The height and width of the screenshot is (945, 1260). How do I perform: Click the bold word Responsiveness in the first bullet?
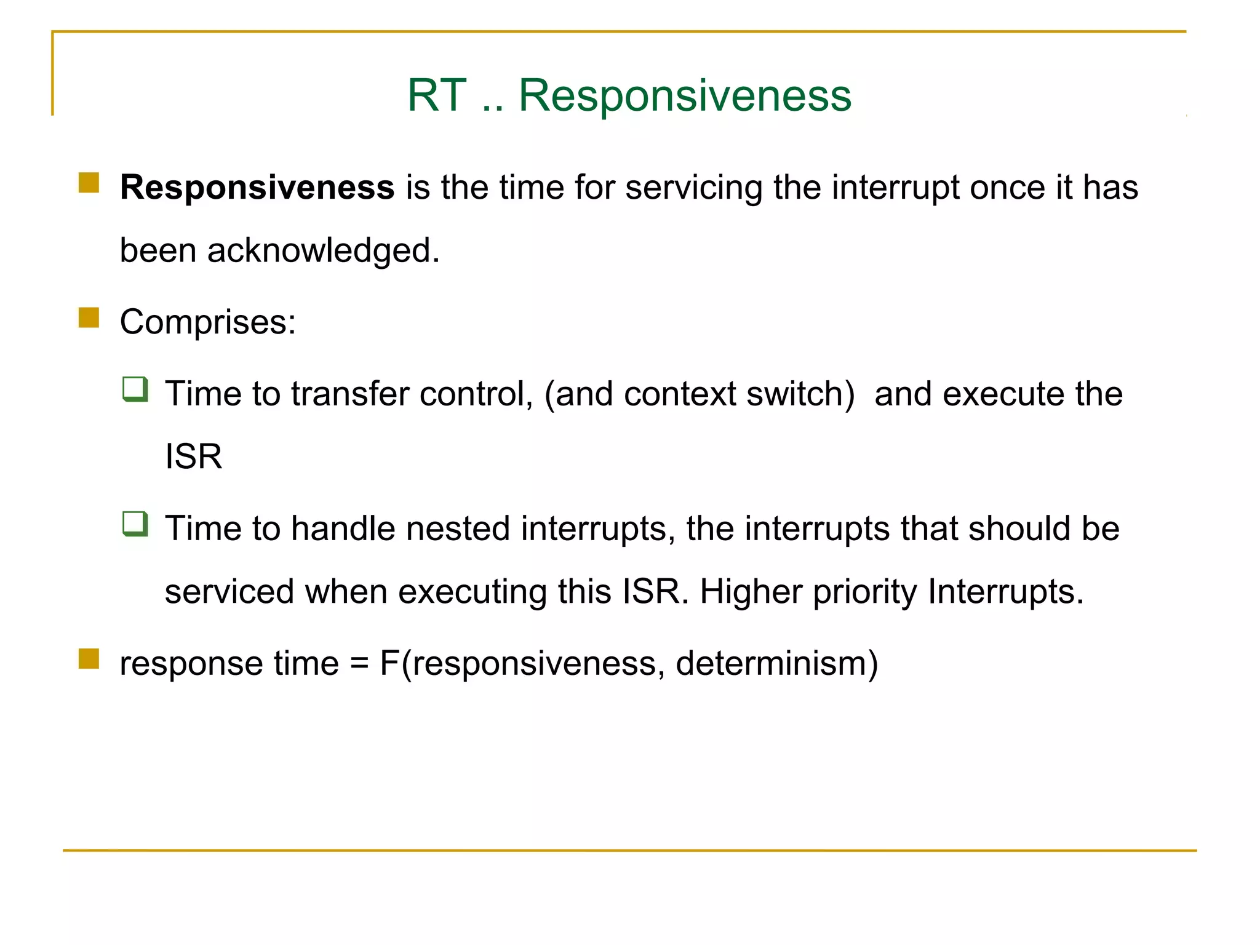(257, 187)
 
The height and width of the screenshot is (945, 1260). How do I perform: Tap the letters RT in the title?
(436, 96)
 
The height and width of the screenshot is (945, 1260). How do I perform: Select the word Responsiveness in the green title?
(685, 96)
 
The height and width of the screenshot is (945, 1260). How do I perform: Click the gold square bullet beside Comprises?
(89, 318)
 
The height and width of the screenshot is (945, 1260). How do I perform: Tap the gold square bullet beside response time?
(89, 659)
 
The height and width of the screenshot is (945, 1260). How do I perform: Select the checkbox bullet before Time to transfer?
(135, 389)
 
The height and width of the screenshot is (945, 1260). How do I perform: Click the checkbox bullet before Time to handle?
(135, 524)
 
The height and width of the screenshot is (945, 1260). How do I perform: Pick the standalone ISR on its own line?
(193, 457)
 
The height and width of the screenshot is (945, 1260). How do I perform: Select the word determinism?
(772, 663)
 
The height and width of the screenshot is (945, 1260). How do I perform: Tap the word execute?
(1003, 394)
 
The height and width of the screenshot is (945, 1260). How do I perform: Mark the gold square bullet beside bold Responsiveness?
(89, 183)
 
